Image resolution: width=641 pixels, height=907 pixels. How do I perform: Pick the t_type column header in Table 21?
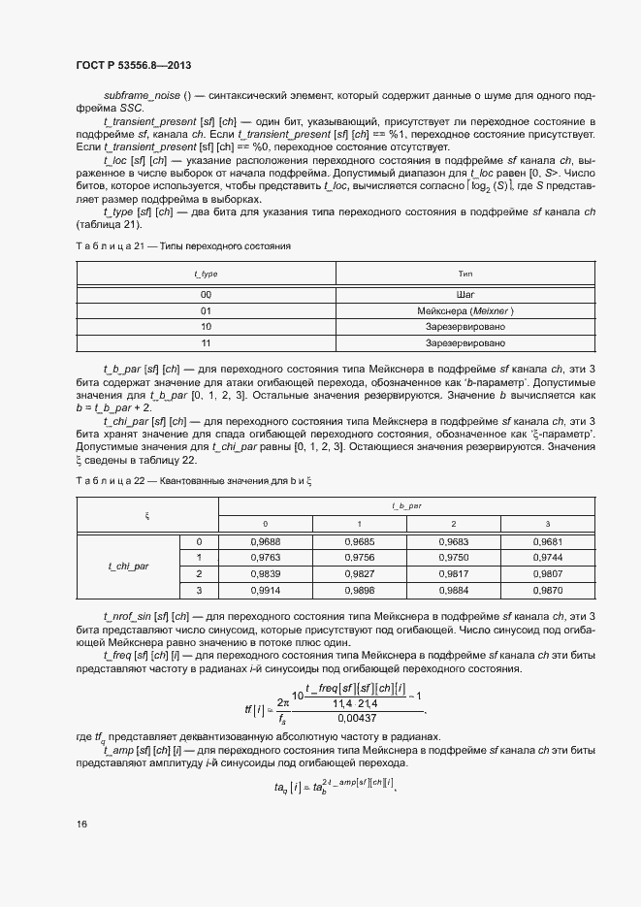click(206, 275)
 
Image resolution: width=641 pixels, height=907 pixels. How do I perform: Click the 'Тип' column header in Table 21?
click(465, 275)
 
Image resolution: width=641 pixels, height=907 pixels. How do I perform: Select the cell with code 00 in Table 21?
click(206, 293)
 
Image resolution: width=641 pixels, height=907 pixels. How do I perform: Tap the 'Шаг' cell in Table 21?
click(465, 293)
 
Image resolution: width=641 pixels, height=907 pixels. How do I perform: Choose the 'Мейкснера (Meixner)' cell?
click(465, 310)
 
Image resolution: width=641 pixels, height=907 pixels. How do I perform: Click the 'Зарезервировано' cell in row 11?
click(465, 343)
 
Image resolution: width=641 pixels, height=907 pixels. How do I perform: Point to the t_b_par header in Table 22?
click(406, 506)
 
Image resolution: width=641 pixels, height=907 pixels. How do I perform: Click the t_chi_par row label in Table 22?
click(129, 565)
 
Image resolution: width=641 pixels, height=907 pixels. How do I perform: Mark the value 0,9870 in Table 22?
click(547, 590)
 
